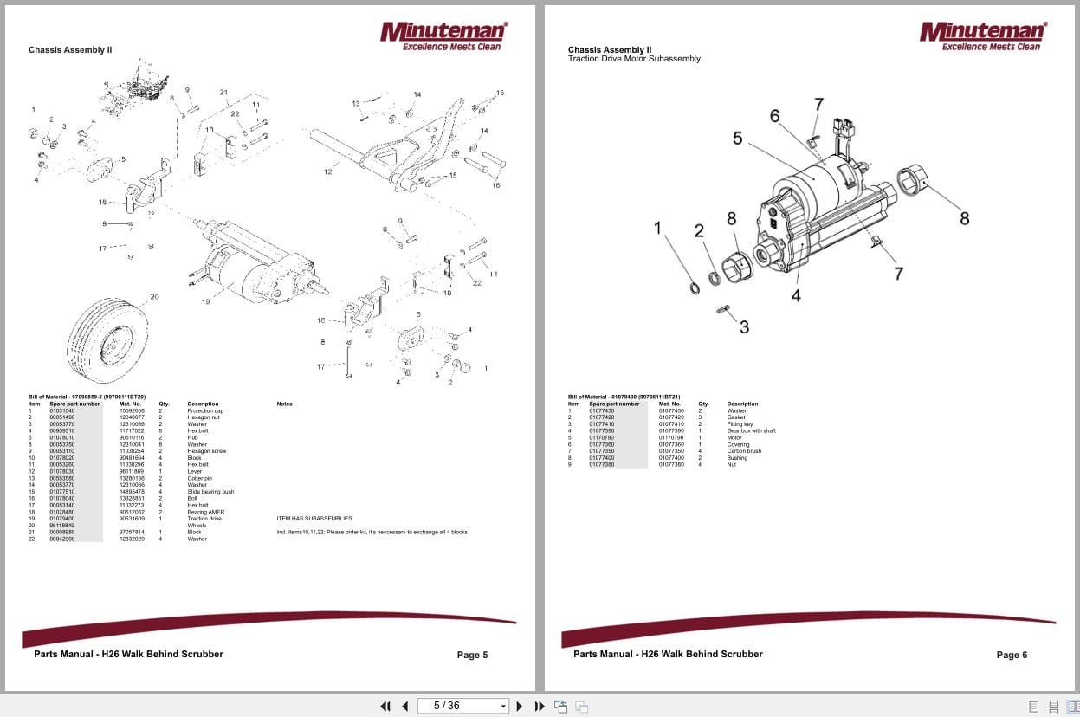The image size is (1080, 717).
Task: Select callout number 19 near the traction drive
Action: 206,302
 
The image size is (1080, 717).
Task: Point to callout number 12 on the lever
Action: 328,172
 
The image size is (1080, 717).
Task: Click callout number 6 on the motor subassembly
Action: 774,116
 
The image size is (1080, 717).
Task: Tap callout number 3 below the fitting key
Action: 744,327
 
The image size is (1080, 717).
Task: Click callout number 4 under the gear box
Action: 795,296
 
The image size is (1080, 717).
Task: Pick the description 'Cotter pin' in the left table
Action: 200,478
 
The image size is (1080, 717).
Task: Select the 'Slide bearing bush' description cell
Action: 210,492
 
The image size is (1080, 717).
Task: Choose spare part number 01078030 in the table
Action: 62,471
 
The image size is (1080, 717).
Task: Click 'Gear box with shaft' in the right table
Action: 751,430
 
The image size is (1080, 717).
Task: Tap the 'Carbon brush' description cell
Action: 743,451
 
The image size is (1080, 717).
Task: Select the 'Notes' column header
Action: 284,404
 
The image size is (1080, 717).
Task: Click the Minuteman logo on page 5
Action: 443,36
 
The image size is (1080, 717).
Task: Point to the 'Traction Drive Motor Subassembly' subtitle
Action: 634,59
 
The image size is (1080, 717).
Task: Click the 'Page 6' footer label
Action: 1012,655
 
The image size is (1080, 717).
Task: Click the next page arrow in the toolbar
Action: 520,706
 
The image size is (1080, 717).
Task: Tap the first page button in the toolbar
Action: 385,706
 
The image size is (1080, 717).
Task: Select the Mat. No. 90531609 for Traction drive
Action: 132,519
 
